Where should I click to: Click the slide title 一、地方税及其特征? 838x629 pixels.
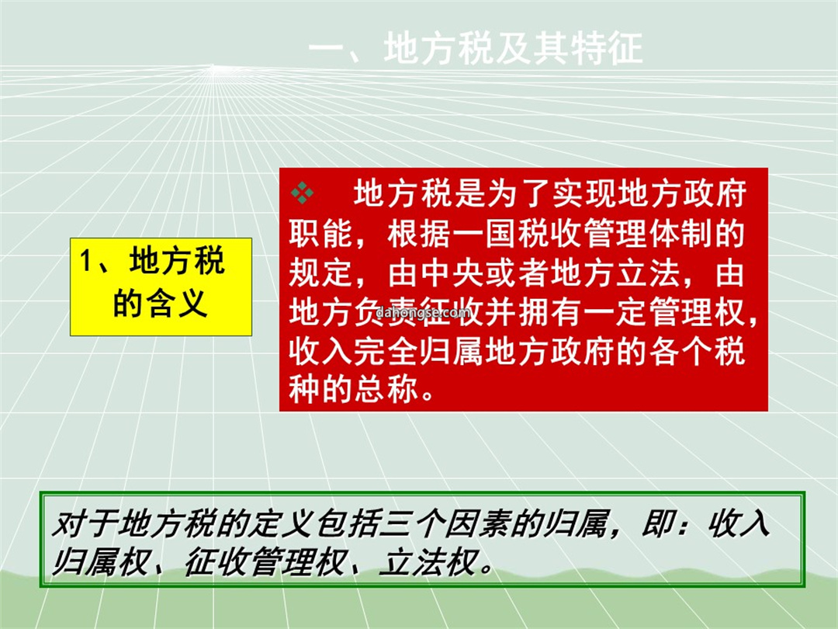pyautogui.click(x=475, y=49)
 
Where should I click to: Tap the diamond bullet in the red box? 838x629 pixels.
pyautogui.click(x=302, y=193)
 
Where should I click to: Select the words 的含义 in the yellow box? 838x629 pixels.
pyautogui.click(x=160, y=304)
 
